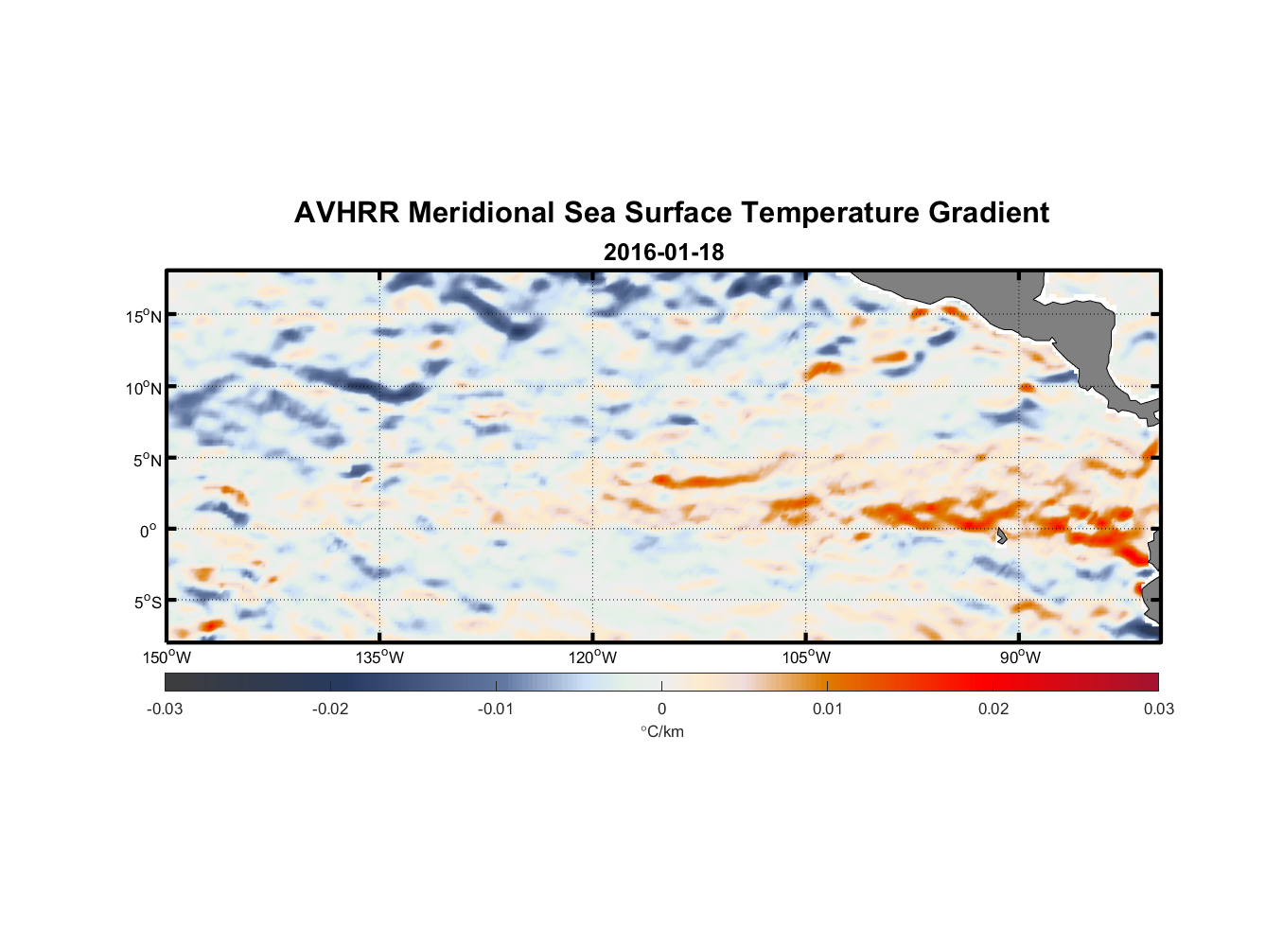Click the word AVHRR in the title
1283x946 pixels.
point(346,213)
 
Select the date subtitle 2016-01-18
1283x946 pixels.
point(663,253)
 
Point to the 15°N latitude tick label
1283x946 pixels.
point(144,316)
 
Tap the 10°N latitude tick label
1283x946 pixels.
point(144,388)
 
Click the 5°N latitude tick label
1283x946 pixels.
point(147,460)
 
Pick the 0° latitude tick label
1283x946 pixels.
point(149,532)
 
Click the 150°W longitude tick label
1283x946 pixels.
point(167,657)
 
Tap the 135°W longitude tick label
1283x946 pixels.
point(380,657)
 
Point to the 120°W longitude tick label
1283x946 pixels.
point(593,657)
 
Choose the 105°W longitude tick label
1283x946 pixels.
point(806,657)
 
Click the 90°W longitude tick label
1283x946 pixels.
point(1020,657)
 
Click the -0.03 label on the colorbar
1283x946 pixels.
point(165,709)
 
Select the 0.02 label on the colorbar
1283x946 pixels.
point(993,709)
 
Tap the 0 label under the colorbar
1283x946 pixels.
point(661,709)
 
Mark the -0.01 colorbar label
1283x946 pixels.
point(496,709)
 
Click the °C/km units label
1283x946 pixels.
point(662,731)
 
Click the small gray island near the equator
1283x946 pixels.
point(1001,535)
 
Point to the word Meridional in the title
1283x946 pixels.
point(482,213)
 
